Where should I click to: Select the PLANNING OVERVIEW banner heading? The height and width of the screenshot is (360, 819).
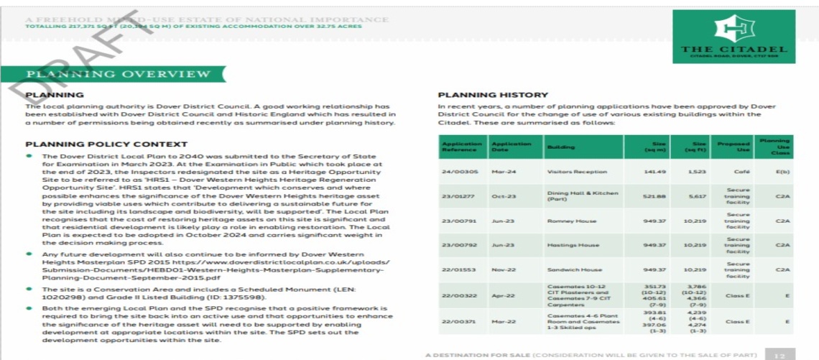point(119,74)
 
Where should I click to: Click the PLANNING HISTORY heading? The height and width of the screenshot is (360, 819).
point(493,95)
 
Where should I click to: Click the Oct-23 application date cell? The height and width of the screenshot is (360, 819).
point(501,196)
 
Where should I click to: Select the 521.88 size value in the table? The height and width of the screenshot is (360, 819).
point(654,196)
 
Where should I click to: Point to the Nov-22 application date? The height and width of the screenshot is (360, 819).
point(502,269)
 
